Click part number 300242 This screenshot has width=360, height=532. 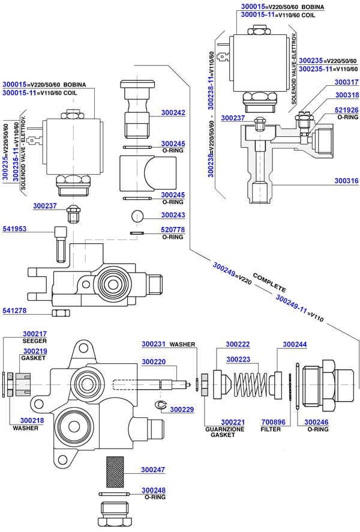173,112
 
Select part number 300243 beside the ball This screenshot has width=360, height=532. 173,215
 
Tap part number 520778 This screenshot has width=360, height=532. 173,230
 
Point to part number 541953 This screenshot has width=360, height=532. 15,229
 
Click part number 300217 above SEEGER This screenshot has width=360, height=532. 35,334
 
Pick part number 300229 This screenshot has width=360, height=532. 182,410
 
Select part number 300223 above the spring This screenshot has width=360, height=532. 238,359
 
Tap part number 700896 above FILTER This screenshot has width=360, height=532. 271,422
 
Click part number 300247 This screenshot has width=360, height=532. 153,470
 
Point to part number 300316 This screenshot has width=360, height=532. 346,180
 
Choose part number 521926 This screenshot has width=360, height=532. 346,110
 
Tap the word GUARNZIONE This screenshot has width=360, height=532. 221,429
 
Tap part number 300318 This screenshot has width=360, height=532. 346,95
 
